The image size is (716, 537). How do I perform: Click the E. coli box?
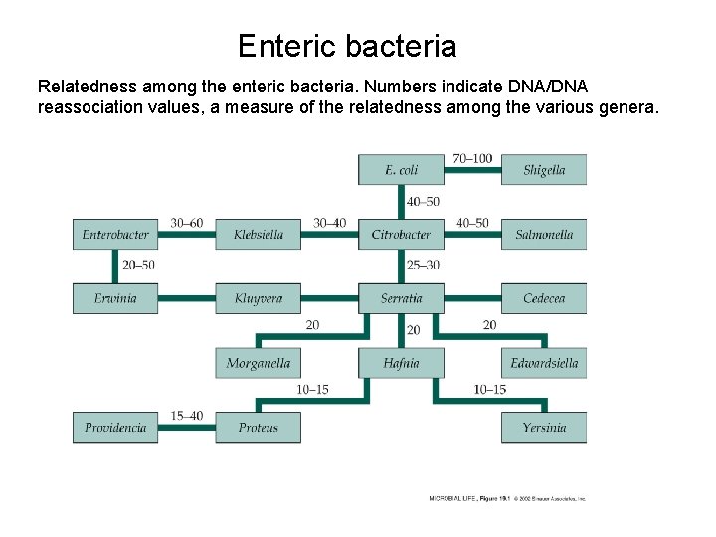[401, 170]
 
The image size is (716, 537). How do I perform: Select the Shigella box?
[544, 170]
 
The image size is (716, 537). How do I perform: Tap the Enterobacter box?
[115, 235]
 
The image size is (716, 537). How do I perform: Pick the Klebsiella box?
[259, 235]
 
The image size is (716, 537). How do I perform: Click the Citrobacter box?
[401, 235]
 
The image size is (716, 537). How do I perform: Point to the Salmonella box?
[544, 235]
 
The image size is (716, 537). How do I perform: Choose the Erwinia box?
[115, 298]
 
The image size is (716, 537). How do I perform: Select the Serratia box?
[401, 298]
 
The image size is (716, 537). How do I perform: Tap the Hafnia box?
[401, 363]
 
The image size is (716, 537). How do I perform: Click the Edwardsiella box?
[544, 363]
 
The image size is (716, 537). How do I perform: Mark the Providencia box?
[115, 428]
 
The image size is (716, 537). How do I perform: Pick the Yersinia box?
[544, 428]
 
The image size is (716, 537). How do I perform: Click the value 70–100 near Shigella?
[472, 158]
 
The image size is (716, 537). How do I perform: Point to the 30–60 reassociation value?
[187, 223]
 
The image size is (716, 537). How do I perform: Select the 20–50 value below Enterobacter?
[138, 266]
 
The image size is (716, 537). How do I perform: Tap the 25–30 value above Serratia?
[423, 266]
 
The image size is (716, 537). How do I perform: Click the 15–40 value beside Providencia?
[187, 416]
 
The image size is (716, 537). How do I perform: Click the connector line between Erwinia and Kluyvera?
[187, 298]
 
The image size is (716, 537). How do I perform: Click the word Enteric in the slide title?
[287, 46]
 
